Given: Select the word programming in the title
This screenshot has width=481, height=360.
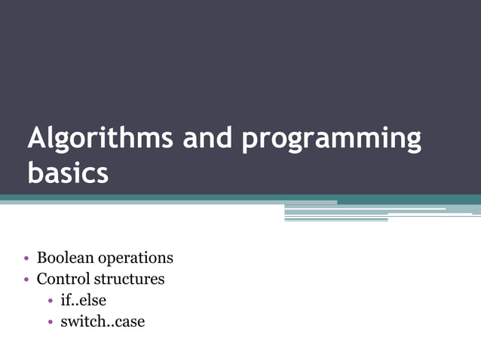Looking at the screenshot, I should point(332,141).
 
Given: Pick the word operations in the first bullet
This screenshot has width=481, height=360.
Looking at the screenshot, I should point(136,258).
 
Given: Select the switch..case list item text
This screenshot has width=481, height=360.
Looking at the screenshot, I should point(103,322).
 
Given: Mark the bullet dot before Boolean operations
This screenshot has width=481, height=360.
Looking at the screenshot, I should point(26,258).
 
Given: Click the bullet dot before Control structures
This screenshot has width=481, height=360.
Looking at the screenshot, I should point(26,279).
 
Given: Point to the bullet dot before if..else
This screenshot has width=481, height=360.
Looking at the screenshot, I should point(50,301).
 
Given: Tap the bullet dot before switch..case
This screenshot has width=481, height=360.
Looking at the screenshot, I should point(50,322).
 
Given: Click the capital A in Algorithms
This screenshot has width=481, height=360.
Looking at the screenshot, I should point(35,139).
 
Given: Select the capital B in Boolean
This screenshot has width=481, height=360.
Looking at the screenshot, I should point(43,258).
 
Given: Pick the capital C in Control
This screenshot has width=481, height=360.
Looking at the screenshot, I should point(43,279).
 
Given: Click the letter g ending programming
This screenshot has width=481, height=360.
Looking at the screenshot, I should point(412,143).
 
